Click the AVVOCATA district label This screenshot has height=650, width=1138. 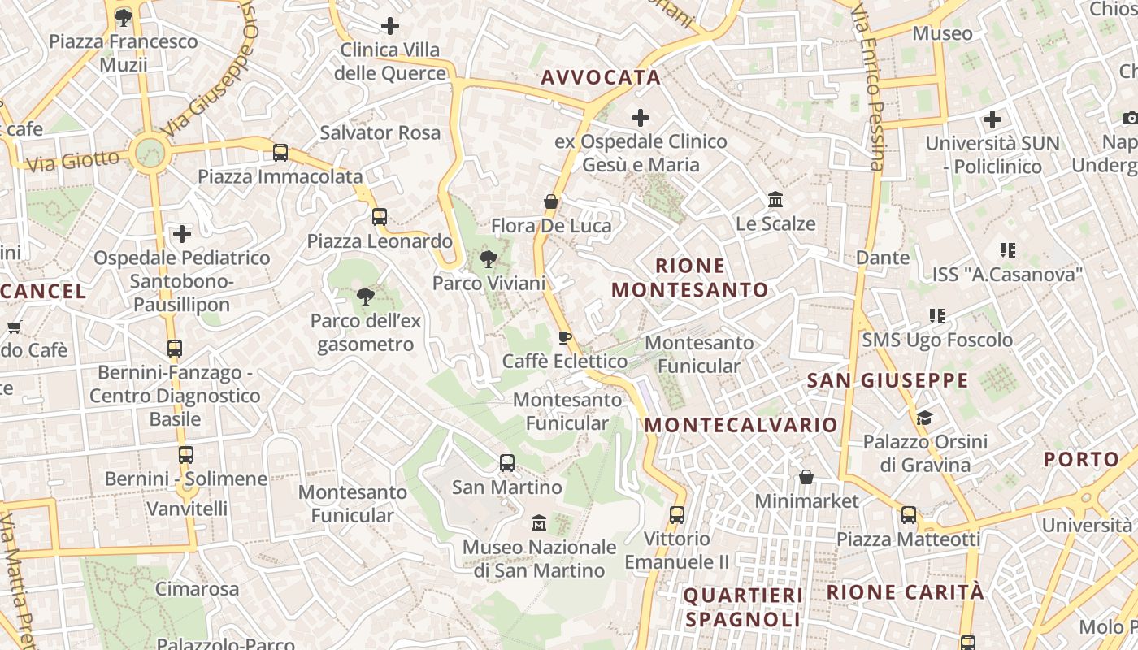click(601, 77)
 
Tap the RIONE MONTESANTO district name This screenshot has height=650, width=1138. click(690, 278)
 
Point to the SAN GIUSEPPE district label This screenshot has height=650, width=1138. click(888, 380)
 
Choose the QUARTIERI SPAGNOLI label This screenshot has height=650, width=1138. click(743, 607)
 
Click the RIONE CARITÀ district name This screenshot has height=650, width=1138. click(905, 591)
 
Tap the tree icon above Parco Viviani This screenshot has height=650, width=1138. click(488, 259)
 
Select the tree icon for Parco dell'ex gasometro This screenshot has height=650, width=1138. click(366, 296)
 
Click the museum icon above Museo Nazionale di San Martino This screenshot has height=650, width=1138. click(538, 522)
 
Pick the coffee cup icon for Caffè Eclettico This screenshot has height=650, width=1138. click(565, 337)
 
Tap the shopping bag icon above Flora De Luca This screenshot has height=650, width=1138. click(551, 201)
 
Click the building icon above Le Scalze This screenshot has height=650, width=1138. click(775, 199)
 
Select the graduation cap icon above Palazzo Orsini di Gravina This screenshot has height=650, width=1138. click(924, 418)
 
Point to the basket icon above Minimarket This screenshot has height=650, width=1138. click(806, 476)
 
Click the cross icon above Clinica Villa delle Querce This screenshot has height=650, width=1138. click(390, 26)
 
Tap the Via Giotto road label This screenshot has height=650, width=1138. click(72, 160)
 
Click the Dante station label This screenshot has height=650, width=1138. click(883, 258)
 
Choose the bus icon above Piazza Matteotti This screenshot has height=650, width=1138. click(908, 514)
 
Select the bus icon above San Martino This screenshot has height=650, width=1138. click(507, 463)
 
